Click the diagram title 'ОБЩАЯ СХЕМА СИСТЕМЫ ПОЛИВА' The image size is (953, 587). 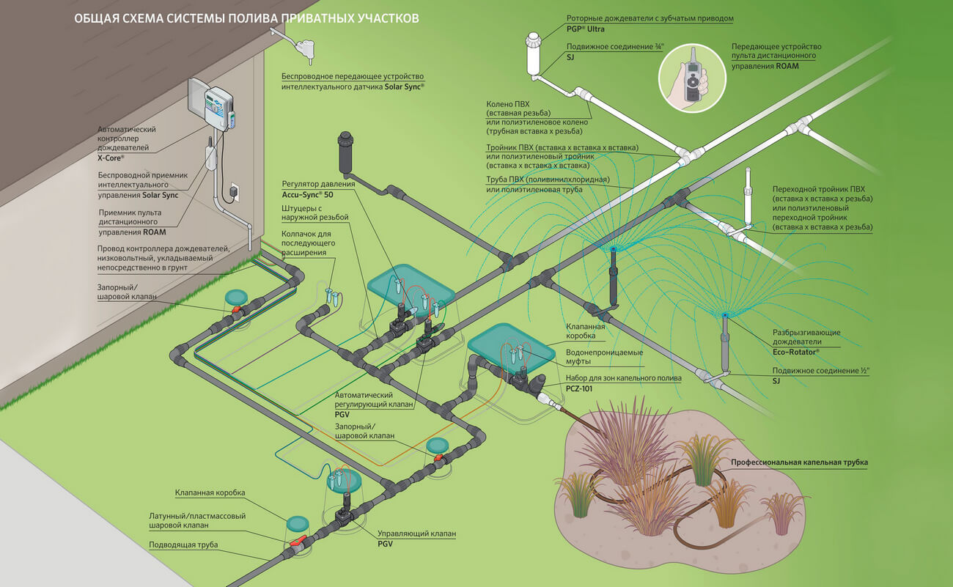pyautogui.click(x=247, y=18)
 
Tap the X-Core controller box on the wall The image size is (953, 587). pyautogui.click(x=213, y=104)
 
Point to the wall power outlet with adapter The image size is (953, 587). pyautogui.click(x=234, y=192)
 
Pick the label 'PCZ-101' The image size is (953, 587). pyautogui.click(x=578, y=388)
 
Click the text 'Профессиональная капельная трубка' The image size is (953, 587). pyautogui.click(x=799, y=462)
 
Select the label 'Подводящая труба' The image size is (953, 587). pyautogui.click(x=183, y=544)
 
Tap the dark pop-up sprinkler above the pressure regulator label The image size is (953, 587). pyautogui.click(x=346, y=151)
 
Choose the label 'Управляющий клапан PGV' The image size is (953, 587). pyautogui.click(x=416, y=539)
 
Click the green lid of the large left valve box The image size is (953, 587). pyautogui.click(x=411, y=287)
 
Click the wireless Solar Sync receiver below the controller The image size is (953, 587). pyautogui.click(x=210, y=158)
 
